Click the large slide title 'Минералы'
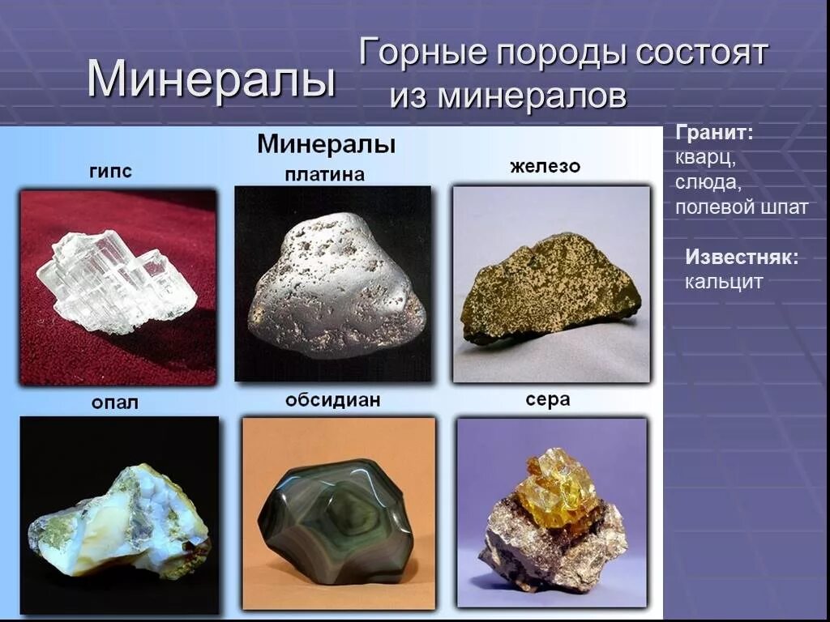(211, 79)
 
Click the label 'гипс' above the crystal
(110, 171)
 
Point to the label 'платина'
(324, 174)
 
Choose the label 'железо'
(545, 167)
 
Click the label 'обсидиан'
(332, 400)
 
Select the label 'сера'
(548, 399)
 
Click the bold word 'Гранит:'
(714, 133)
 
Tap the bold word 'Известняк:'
(742, 258)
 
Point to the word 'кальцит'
(724, 282)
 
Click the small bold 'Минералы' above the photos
(326, 145)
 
